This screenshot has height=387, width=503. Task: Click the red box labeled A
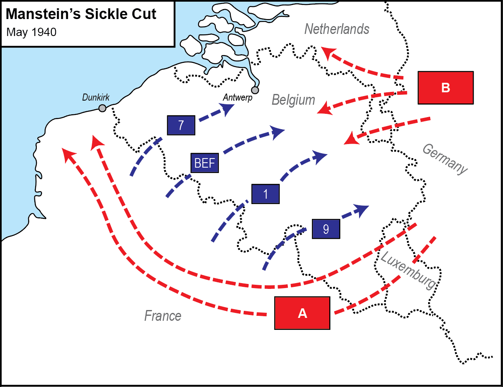[x=302, y=313]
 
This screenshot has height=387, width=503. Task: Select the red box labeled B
[x=446, y=87]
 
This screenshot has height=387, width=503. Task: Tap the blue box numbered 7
[x=181, y=125]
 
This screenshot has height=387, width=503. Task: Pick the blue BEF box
[x=204, y=163]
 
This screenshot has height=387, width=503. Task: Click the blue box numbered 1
[x=266, y=194]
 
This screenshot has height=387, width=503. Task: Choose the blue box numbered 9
[x=326, y=228]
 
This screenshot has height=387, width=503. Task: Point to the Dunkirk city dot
[x=102, y=108]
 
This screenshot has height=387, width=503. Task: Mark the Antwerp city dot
[x=255, y=90]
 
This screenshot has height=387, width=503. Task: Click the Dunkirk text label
[x=96, y=98]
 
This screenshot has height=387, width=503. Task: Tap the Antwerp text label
[x=237, y=98]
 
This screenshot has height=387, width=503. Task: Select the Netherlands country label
[x=337, y=29]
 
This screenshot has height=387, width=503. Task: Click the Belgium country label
[x=293, y=100]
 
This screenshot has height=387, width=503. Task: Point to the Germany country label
[x=445, y=159]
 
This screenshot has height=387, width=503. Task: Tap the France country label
[x=163, y=316]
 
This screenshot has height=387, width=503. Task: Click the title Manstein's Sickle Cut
[x=81, y=14]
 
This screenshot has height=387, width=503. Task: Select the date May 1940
[x=31, y=32]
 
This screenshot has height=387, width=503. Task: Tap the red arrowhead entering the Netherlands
[x=328, y=52]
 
